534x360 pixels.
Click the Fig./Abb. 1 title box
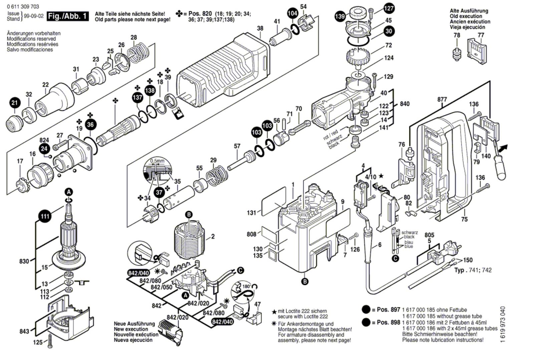68,16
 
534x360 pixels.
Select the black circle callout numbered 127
389,8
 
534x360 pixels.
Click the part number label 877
442,99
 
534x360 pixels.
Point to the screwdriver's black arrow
504,147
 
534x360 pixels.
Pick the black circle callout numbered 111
45,216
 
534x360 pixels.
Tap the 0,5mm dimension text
157,161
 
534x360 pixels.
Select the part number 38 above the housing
260,29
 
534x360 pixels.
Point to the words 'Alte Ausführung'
469,11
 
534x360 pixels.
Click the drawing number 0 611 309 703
23,6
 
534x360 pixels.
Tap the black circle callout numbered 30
389,31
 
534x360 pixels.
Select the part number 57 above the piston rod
237,146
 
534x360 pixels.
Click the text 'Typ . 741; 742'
473,270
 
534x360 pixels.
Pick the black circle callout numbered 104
292,13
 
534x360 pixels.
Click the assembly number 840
405,104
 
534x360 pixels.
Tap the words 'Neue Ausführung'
134,324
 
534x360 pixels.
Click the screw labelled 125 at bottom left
50,342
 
